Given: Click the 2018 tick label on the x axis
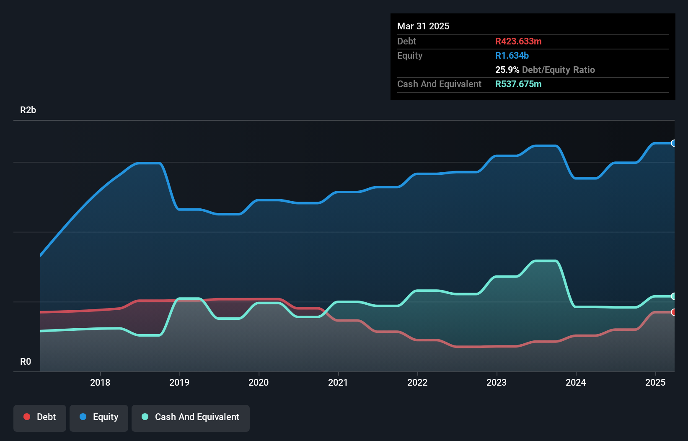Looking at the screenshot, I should point(100,382).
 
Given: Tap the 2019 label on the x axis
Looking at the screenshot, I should point(179,382).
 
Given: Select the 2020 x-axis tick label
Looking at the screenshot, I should point(259,382).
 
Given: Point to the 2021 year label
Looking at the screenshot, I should point(338,382).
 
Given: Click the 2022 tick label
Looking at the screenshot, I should point(417,382).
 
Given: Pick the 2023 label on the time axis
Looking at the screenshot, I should point(497,382).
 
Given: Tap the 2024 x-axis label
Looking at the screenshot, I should point(576,382).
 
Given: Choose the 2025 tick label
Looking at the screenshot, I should point(655,382).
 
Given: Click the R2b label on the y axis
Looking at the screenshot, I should point(28,110).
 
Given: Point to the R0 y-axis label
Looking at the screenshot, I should point(26,362).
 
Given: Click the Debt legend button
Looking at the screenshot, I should point(40,417).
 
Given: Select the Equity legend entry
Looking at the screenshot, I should point(99,417).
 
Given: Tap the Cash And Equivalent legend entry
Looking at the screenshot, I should point(191,417).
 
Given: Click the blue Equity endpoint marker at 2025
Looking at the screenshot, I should point(673,143).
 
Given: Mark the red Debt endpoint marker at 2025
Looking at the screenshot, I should point(673,312).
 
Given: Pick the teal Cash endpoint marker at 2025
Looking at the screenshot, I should point(673,296).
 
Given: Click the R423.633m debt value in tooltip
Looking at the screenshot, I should point(518,42).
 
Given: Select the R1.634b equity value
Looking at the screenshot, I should point(512,56).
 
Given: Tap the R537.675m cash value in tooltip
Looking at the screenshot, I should point(518,84).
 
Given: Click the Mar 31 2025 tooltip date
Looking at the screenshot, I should point(423,26).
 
